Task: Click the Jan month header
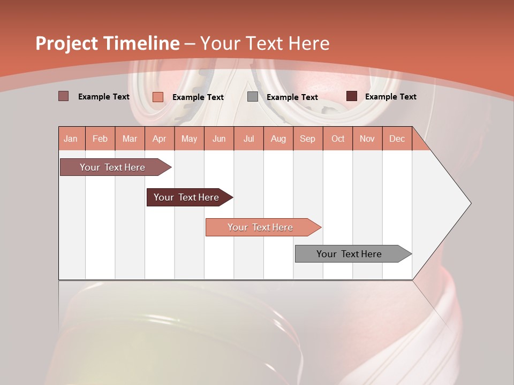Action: (71, 138)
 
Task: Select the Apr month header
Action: (160, 138)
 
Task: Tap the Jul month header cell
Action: (248, 138)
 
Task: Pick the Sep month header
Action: (307, 138)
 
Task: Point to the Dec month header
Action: (397, 138)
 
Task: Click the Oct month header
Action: (338, 138)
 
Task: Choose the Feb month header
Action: (100, 138)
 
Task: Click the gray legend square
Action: (253, 97)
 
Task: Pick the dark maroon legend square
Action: (352, 96)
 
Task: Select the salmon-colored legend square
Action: (158, 97)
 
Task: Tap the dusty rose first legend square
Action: (64, 96)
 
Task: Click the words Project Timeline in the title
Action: (107, 43)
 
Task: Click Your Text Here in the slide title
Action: (264, 43)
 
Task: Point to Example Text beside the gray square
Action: (292, 97)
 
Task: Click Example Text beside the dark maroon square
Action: (390, 97)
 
